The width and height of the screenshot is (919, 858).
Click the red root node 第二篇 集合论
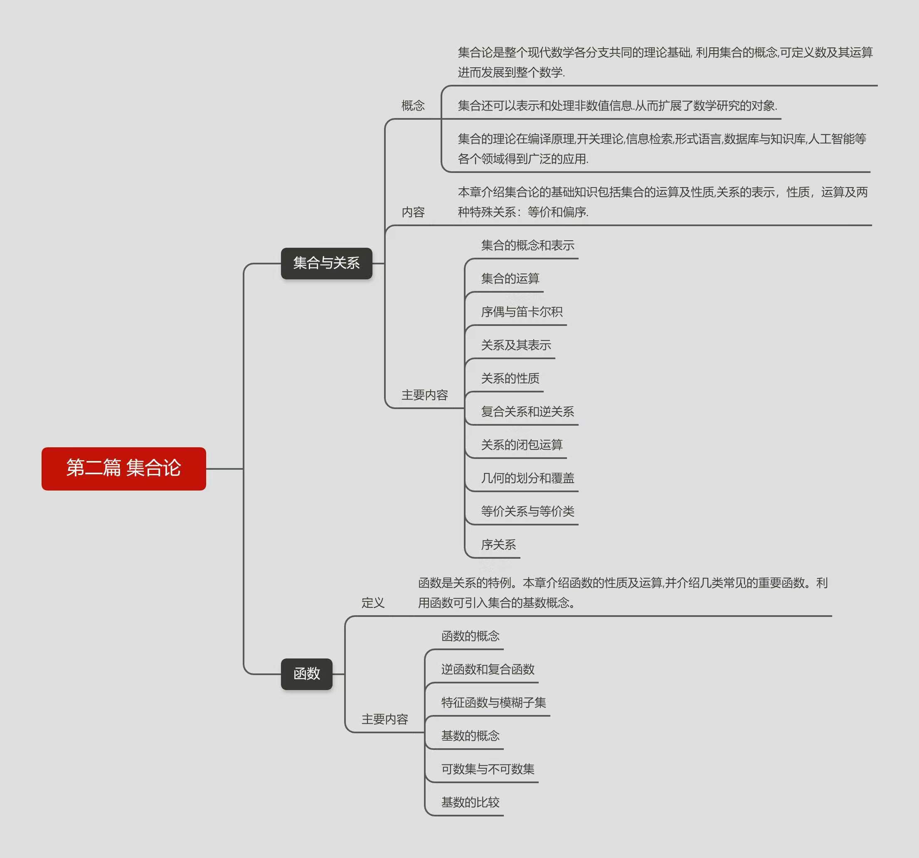[123, 468]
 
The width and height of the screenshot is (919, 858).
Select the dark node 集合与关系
[326, 263]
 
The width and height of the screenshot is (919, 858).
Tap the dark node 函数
[306, 673]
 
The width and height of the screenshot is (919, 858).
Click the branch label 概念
[413, 106]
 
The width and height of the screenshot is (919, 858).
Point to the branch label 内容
[413, 212]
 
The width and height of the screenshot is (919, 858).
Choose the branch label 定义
[372, 603]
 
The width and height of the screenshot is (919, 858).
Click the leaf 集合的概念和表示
[527, 246]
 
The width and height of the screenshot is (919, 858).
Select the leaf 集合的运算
[510, 279]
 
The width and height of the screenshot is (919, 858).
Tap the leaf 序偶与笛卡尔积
[522, 312]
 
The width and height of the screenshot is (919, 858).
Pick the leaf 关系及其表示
[516, 345]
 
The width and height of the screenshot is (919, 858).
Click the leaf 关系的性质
[510, 379]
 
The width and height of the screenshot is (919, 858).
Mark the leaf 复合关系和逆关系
[527, 412]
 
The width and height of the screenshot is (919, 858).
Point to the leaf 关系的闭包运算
[522, 445]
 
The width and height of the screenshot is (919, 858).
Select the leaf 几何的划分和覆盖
[527, 478]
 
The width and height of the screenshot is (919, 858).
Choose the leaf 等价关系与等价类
[527, 512]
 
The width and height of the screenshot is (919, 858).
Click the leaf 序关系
[498, 545]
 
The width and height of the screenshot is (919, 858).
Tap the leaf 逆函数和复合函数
[488, 669]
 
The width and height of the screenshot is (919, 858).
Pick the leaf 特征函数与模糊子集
[493, 703]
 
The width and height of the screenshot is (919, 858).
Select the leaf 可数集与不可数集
[488, 769]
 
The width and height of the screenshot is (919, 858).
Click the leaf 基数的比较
[470, 803]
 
